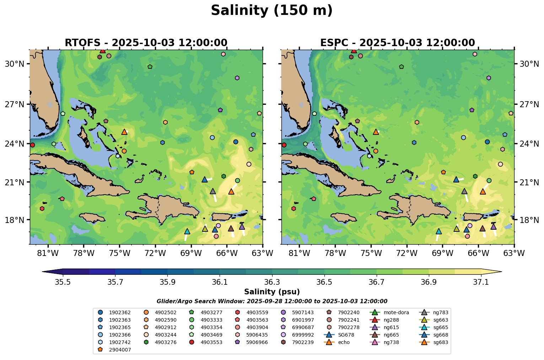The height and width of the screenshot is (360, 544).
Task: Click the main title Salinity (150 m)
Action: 271,10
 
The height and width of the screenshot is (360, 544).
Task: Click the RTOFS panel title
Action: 146,43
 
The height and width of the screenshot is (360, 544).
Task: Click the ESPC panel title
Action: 397,43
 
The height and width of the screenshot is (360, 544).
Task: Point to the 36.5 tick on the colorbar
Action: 324,282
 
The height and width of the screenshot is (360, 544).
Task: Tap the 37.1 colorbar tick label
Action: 481,282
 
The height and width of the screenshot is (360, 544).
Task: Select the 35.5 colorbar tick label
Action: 63,282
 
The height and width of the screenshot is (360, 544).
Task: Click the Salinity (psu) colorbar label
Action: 272,292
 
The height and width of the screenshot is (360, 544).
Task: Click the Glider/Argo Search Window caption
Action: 272,301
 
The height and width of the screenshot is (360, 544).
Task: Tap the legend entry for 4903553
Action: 212,342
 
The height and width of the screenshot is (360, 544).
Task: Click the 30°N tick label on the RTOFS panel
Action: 14,64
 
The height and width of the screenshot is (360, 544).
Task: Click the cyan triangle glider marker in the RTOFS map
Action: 187,231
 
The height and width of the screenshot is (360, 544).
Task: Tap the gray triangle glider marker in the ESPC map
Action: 464,191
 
